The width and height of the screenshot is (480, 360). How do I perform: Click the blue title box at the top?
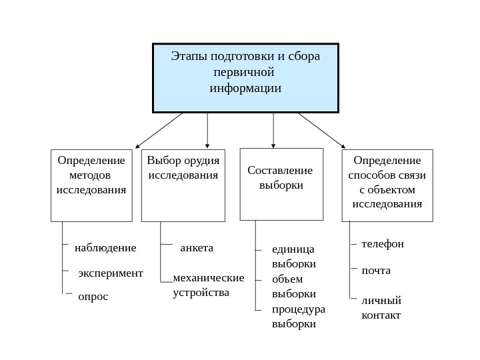point(245,78)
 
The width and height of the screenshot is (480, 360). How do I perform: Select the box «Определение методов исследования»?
point(91,185)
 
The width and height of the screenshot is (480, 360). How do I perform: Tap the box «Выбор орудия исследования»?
point(183,185)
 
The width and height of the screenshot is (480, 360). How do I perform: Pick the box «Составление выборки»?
point(281,183)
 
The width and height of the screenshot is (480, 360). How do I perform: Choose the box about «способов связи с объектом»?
point(387,185)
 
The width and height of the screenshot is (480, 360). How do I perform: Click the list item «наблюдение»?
point(105,248)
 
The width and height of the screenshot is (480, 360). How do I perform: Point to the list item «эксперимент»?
point(111,273)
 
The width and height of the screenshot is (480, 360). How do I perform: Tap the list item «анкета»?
point(197,248)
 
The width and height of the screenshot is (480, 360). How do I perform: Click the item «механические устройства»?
point(208,285)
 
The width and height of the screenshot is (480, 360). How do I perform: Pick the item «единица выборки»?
point(294,257)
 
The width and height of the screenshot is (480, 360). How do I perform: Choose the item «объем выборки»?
point(294,287)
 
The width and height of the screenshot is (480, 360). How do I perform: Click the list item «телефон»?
point(383,244)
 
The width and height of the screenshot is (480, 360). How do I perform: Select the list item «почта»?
point(376,271)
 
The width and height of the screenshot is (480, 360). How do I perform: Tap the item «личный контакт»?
point(381,307)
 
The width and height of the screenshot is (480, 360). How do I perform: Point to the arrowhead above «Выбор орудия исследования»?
point(208,143)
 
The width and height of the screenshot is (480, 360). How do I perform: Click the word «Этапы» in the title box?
point(189,56)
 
